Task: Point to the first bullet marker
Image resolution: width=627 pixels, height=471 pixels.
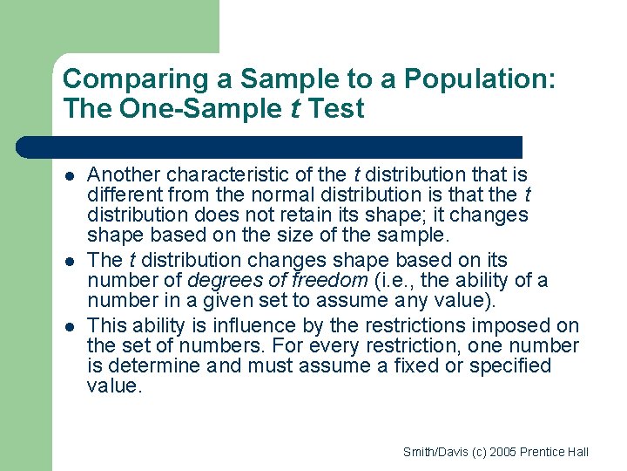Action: coord(70,175)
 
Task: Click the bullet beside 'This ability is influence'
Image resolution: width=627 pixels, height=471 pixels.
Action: coord(70,326)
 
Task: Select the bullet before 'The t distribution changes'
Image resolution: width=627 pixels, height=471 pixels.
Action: coord(70,261)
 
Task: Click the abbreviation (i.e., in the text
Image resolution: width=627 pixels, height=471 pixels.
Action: coord(394,280)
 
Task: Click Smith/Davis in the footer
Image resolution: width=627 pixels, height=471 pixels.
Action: coord(432,452)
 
